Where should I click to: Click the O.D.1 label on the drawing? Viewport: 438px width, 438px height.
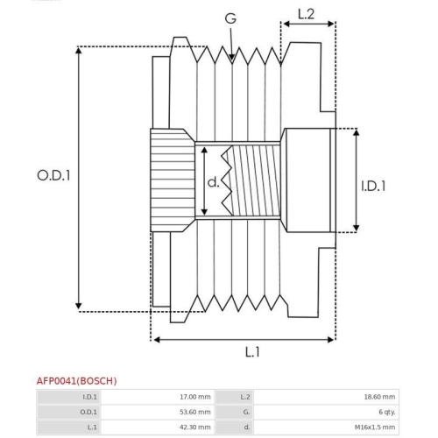[53, 174]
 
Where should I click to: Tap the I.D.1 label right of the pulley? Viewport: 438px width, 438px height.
[374, 186]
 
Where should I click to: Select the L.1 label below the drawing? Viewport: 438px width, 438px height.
[251, 352]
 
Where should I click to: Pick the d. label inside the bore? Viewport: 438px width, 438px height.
[213, 182]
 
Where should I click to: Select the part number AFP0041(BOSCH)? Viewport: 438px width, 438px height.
[76, 381]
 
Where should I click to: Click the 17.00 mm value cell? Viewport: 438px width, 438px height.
[194, 397]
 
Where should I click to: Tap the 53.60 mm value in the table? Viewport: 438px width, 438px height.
[194, 412]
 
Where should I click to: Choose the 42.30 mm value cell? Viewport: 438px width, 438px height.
[194, 427]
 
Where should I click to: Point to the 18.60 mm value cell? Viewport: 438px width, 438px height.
[378, 397]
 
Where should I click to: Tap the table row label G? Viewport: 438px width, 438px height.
[244, 412]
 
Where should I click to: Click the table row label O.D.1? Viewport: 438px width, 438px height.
[89, 412]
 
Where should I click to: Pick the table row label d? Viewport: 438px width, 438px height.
[244, 427]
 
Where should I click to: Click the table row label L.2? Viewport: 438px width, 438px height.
[244, 397]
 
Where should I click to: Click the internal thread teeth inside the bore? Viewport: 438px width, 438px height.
[230, 180]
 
